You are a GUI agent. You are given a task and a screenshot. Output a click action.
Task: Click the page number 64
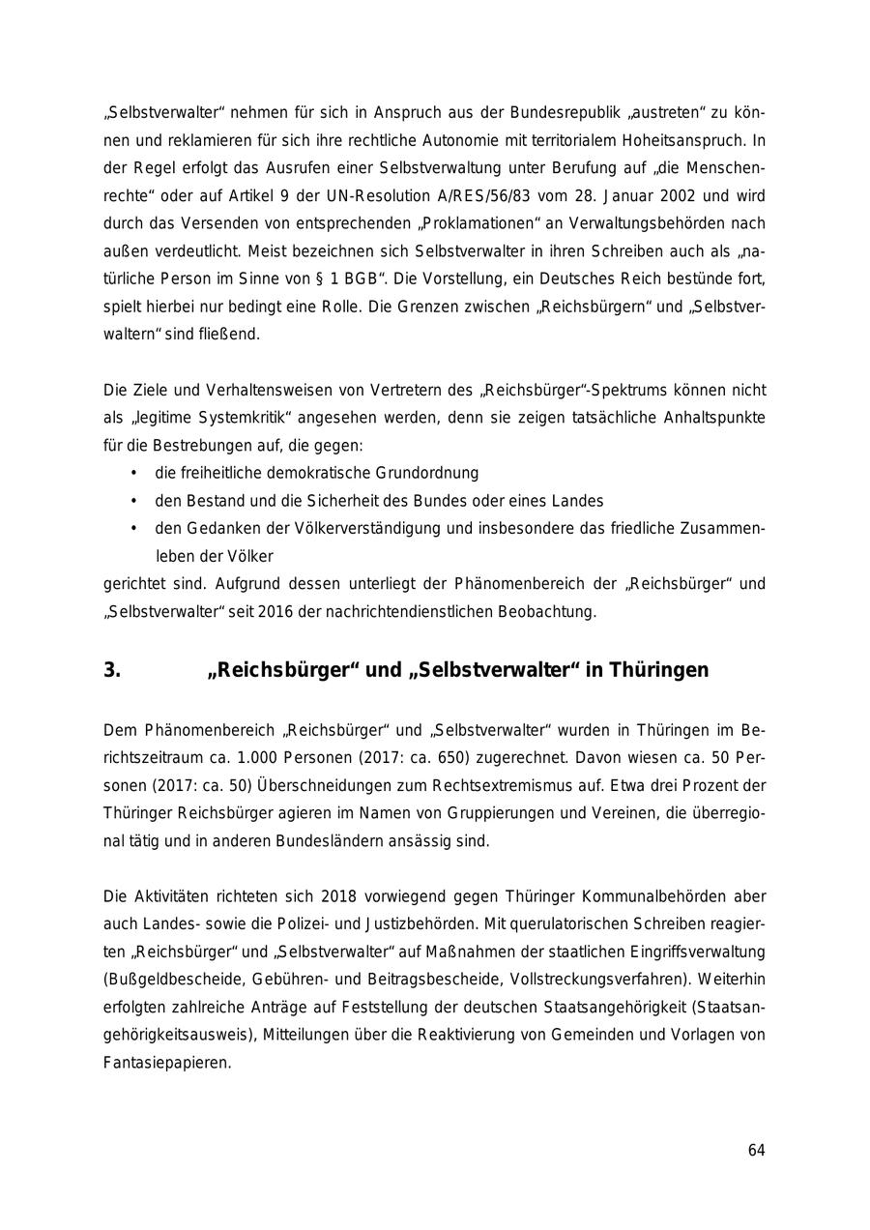click(x=756, y=1150)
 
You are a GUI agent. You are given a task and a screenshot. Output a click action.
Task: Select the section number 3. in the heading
click(x=112, y=670)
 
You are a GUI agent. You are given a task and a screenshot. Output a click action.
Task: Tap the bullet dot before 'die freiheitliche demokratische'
click(x=132, y=474)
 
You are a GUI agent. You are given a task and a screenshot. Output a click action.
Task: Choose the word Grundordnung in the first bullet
click(x=430, y=474)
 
